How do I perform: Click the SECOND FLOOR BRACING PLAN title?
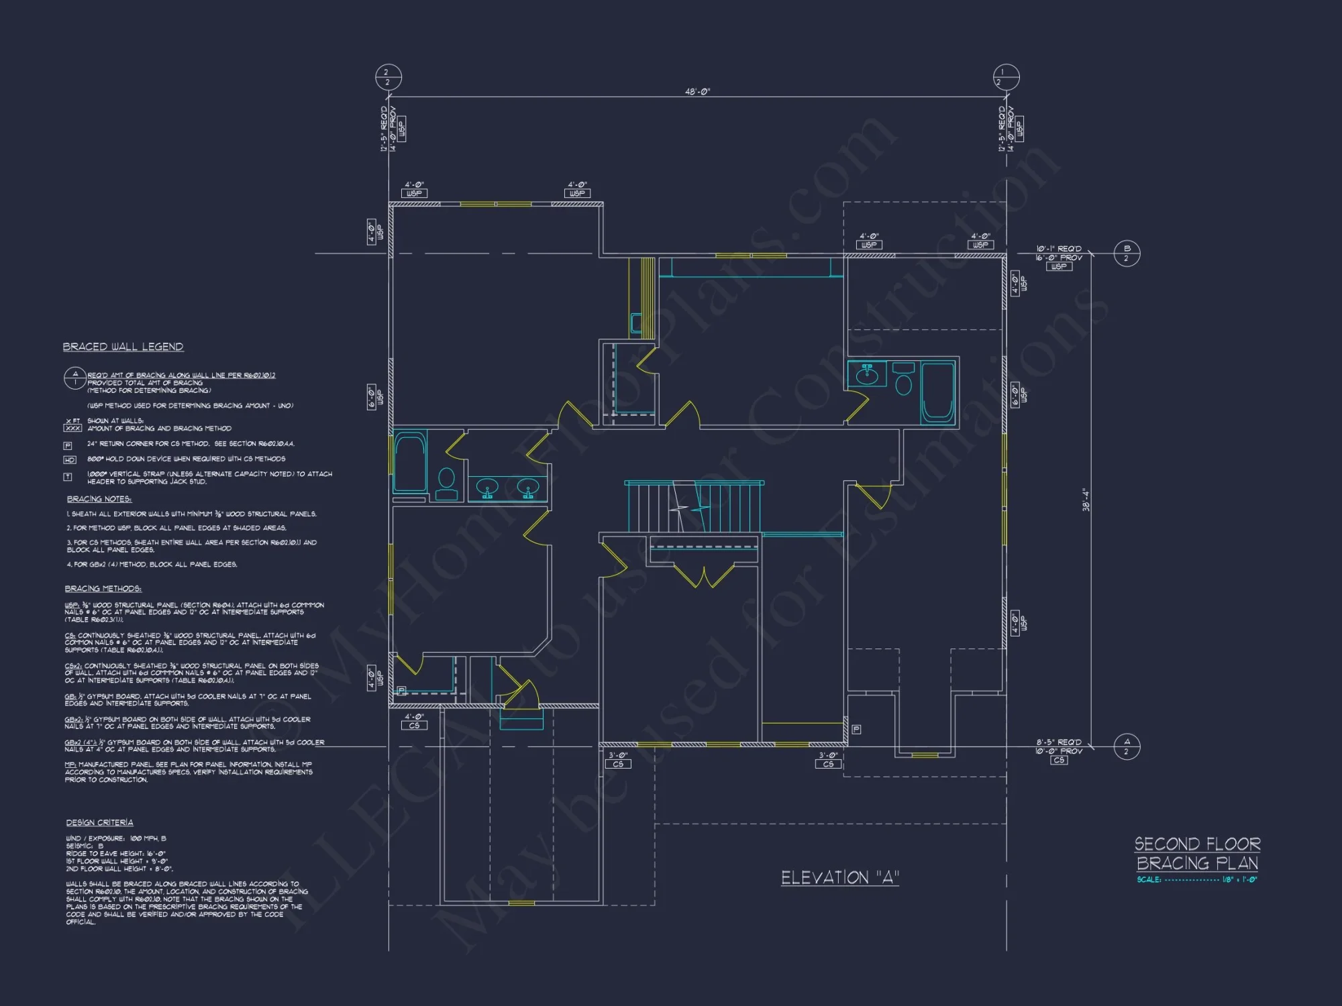click(1197, 853)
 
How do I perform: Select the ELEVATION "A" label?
click(839, 878)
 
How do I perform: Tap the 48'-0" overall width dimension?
click(697, 91)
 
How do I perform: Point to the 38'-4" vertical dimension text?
click(1086, 500)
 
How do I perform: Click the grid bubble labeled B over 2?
click(1127, 254)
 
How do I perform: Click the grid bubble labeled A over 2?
click(1127, 746)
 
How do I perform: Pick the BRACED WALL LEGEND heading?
click(123, 347)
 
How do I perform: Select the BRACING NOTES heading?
click(99, 499)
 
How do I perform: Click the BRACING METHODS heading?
click(103, 589)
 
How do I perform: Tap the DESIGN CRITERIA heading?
click(99, 823)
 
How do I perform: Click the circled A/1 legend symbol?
click(74, 378)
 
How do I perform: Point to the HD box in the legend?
click(69, 460)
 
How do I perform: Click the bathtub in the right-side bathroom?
click(937, 392)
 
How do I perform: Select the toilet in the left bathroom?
click(446, 484)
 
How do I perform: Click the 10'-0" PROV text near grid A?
click(1059, 751)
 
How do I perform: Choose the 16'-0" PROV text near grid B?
click(1059, 258)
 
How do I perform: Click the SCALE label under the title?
click(1149, 880)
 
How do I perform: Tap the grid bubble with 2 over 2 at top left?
click(388, 77)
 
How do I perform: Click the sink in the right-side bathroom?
click(867, 374)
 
